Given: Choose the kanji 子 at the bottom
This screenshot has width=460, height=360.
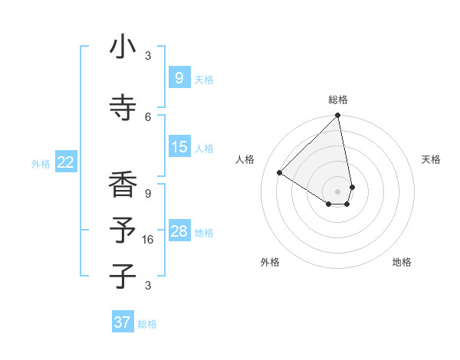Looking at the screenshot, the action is (123, 276).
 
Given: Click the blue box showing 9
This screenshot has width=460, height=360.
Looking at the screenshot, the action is (179, 77).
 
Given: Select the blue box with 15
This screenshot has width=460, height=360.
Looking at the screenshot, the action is (179, 147).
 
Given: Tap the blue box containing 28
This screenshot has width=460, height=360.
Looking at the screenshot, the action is (179, 231).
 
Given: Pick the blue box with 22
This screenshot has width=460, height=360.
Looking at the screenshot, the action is (66, 162).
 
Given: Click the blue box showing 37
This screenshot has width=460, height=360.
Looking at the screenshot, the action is (122, 322).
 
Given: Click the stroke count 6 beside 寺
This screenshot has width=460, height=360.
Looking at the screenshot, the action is (148, 116).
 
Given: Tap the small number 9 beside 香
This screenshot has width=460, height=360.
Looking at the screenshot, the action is (148, 193).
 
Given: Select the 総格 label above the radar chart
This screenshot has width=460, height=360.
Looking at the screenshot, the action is (338, 100).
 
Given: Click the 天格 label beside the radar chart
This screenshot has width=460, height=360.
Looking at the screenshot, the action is (431, 159).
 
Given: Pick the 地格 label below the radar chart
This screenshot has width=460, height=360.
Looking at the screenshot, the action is (402, 262).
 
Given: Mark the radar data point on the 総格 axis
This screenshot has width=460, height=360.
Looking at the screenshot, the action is (338, 116).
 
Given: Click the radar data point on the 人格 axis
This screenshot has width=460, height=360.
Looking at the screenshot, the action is (280, 173).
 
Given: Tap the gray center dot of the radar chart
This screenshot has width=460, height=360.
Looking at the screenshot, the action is (338, 191).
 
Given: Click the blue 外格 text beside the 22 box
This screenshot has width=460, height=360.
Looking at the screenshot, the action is (41, 163).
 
